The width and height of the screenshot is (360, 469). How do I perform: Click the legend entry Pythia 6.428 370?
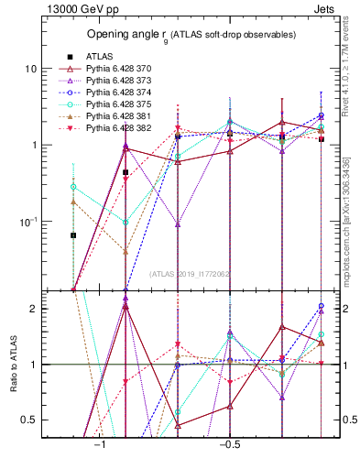pos(105,68)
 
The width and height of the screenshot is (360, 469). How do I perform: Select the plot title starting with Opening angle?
pos(191,34)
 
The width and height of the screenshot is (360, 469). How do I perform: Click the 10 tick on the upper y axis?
pos(30,70)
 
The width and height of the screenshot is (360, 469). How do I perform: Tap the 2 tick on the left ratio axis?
pos(34,309)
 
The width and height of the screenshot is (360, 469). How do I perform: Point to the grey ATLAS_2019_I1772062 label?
pos(191,273)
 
